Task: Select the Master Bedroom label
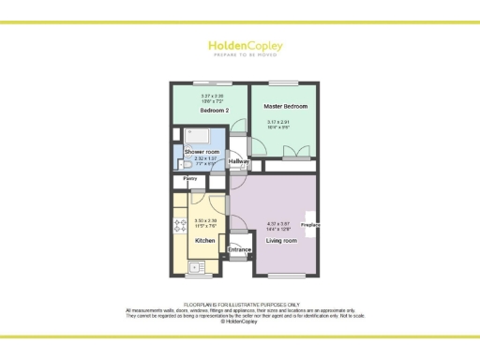click(x=285, y=107)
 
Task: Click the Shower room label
click(x=201, y=151)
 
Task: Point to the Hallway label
click(x=239, y=162)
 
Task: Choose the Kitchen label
click(x=205, y=241)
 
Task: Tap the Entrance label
click(x=240, y=249)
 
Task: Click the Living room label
click(x=281, y=241)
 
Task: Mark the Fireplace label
click(x=310, y=225)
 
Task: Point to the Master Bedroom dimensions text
click(x=284, y=125)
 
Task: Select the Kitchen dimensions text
click(x=205, y=222)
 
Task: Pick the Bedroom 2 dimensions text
click(x=212, y=97)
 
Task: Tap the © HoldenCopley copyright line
click(x=240, y=321)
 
